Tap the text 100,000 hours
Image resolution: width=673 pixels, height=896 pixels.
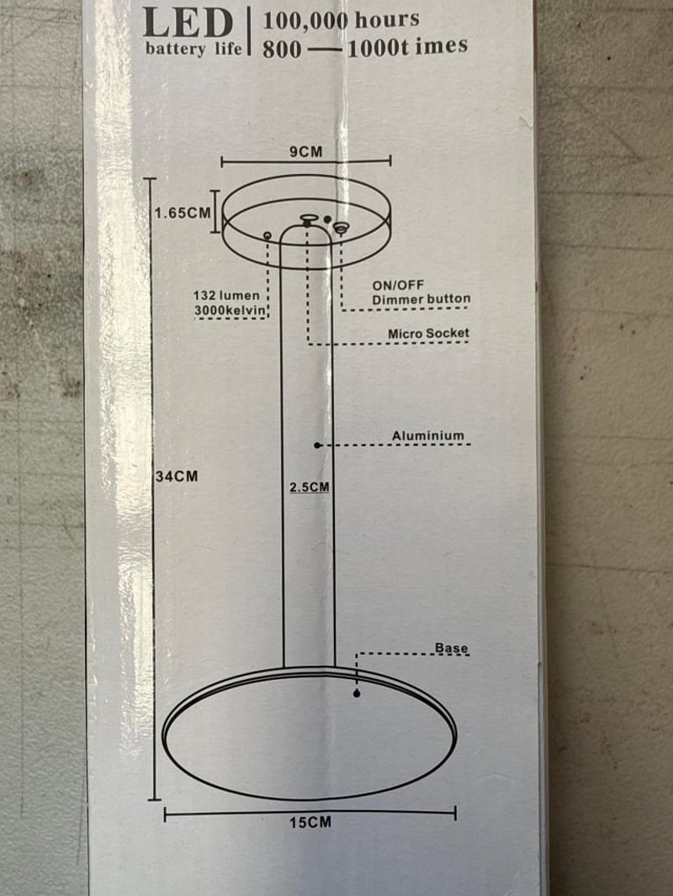coord(341,20)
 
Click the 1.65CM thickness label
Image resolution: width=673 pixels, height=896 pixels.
coord(183,213)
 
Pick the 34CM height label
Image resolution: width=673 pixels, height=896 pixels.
coord(177,477)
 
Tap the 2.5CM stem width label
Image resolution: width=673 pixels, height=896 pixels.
coord(308,487)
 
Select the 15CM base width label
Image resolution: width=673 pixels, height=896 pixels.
coord(310,822)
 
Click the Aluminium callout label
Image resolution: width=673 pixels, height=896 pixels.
coord(427,435)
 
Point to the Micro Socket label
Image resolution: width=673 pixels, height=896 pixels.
coord(428,334)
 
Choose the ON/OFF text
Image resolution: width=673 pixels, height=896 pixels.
coord(398,286)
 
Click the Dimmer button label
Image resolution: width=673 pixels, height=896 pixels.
coord(421,299)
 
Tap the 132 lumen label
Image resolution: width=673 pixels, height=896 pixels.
coord(227,296)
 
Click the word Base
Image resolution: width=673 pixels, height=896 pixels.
coord(451,648)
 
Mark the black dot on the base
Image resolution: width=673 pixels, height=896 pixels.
coord(357,693)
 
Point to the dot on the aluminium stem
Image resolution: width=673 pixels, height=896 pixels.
coord(317,445)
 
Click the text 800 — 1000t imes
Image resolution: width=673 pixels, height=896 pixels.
coord(364,48)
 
